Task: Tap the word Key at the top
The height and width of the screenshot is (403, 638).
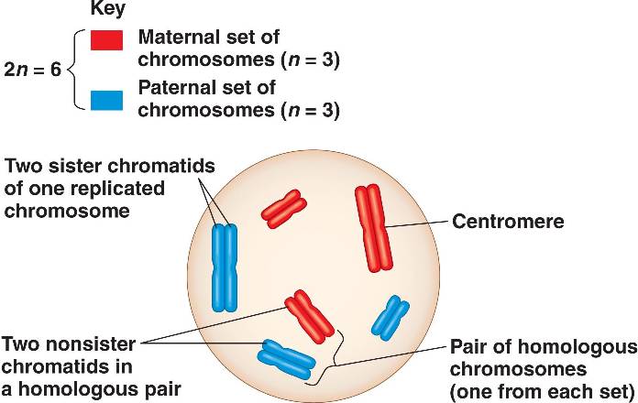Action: [108, 10]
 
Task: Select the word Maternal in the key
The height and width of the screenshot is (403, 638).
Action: [176, 38]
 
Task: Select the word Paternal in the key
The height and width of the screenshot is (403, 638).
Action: [174, 90]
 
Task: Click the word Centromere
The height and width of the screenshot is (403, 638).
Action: [507, 222]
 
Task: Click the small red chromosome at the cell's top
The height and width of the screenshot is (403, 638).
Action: [282, 208]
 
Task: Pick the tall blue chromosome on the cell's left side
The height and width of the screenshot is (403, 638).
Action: [225, 267]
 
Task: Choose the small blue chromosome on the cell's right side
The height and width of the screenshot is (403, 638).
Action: [391, 317]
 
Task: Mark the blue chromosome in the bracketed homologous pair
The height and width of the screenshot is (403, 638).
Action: [287, 357]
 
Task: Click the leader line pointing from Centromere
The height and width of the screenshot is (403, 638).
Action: [418, 223]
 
